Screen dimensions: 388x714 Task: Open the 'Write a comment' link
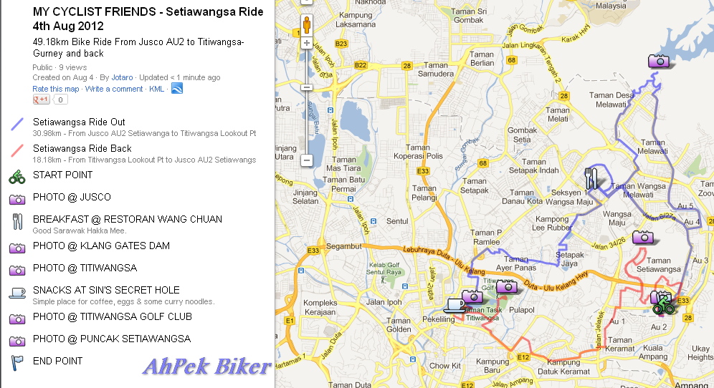(x=114, y=89)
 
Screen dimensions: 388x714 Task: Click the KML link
(x=156, y=89)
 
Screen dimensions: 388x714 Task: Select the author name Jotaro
(x=122, y=77)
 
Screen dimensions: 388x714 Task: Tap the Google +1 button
(x=42, y=100)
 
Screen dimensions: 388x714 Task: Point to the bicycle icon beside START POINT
(x=17, y=176)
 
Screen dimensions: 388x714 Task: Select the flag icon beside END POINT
(x=17, y=362)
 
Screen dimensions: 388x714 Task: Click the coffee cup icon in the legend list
(x=17, y=292)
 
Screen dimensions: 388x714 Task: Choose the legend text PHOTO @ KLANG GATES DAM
(x=101, y=246)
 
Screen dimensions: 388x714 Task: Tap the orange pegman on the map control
(x=307, y=24)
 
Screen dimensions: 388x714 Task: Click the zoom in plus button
(x=307, y=43)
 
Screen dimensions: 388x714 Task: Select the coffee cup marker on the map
(x=454, y=304)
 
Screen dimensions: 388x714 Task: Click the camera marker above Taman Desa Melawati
(x=658, y=61)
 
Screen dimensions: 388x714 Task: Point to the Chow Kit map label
(x=444, y=365)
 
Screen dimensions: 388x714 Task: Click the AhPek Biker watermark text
(x=206, y=367)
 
